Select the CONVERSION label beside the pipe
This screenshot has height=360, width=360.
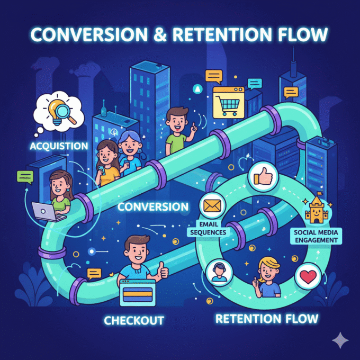click(x=153, y=206)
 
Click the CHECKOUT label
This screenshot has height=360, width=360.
click(x=134, y=320)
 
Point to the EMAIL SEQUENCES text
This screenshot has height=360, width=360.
click(x=207, y=228)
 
